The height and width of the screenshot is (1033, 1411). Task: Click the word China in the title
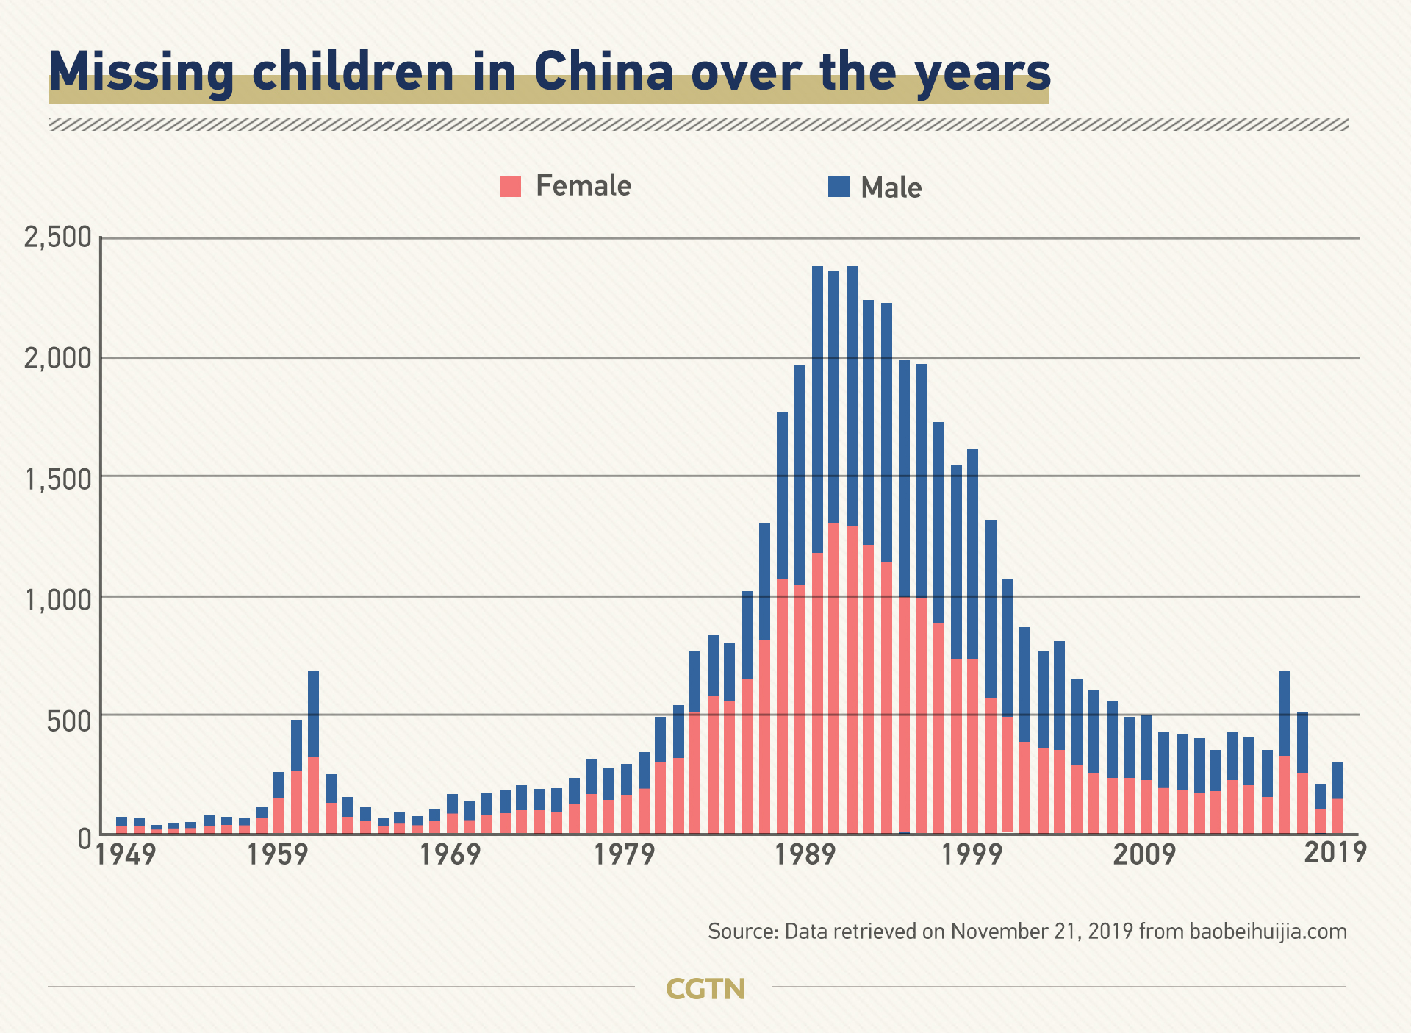pyautogui.click(x=603, y=71)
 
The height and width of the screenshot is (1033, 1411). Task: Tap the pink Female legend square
pyautogui.click(x=510, y=186)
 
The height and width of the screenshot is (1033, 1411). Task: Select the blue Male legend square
pyautogui.click(x=839, y=187)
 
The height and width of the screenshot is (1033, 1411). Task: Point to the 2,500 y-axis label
pyautogui.click(x=58, y=237)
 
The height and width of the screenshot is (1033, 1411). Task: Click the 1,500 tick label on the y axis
pyautogui.click(x=58, y=479)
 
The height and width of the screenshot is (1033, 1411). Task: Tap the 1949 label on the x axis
pyautogui.click(x=126, y=855)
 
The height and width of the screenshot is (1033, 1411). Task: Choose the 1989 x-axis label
pyautogui.click(x=806, y=855)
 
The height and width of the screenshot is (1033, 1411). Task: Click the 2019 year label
pyautogui.click(x=1335, y=852)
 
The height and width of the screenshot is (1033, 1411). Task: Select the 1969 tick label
pyautogui.click(x=450, y=855)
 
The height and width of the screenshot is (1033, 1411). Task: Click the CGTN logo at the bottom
pyautogui.click(x=705, y=989)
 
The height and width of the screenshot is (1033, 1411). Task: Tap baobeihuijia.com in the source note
pyautogui.click(x=1268, y=932)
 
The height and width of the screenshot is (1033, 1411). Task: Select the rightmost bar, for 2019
pyautogui.click(x=1337, y=798)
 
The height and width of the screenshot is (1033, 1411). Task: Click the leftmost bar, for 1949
pyautogui.click(x=121, y=825)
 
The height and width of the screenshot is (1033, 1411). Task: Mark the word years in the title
pyautogui.click(x=983, y=73)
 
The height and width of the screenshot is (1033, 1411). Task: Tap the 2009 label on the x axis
pyautogui.click(x=1144, y=855)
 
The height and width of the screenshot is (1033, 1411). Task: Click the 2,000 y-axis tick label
pyautogui.click(x=58, y=358)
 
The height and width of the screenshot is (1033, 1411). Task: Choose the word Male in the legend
pyautogui.click(x=891, y=187)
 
